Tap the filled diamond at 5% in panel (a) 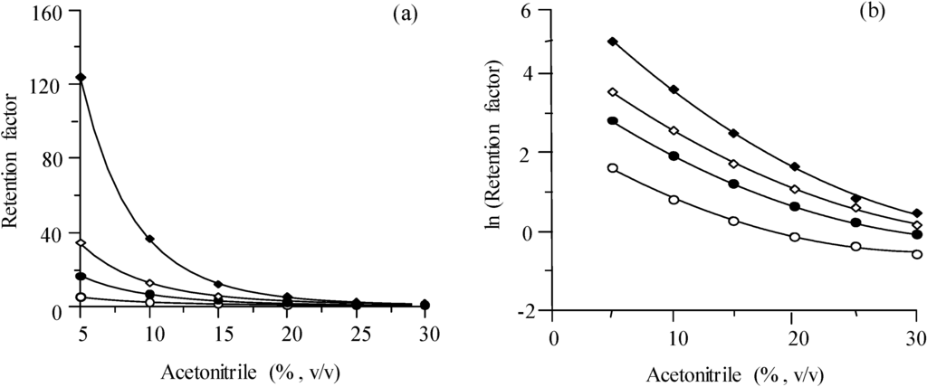click(81, 77)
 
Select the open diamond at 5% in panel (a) click(81, 242)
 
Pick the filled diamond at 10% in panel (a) click(150, 239)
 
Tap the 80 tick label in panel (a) click(54, 159)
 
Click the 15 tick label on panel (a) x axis click(219, 333)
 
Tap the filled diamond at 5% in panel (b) click(612, 42)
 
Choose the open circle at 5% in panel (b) click(612, 167)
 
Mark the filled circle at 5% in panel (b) click(612, 120)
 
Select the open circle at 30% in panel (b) click(917, 254)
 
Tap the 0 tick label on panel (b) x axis click(553, 334)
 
